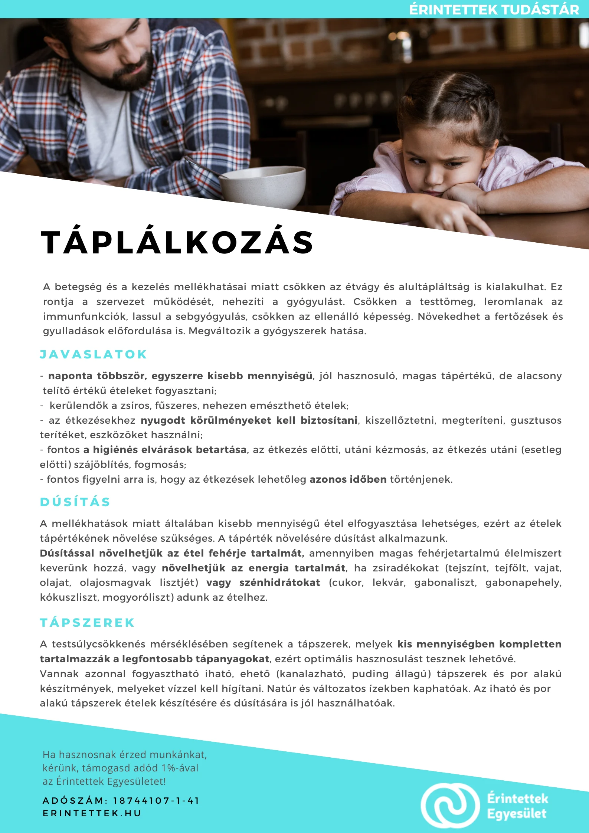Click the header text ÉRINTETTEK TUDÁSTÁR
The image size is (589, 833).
494,10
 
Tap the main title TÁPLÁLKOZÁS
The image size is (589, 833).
177,243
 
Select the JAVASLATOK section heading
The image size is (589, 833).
94,354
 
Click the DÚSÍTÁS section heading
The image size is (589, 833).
75,502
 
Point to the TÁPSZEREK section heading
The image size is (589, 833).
87,623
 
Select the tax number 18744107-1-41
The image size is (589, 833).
156,801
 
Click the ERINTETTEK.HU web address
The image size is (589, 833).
92,813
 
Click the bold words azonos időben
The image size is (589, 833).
348,479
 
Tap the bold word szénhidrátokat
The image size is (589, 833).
279,583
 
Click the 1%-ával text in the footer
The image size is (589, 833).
180,768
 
